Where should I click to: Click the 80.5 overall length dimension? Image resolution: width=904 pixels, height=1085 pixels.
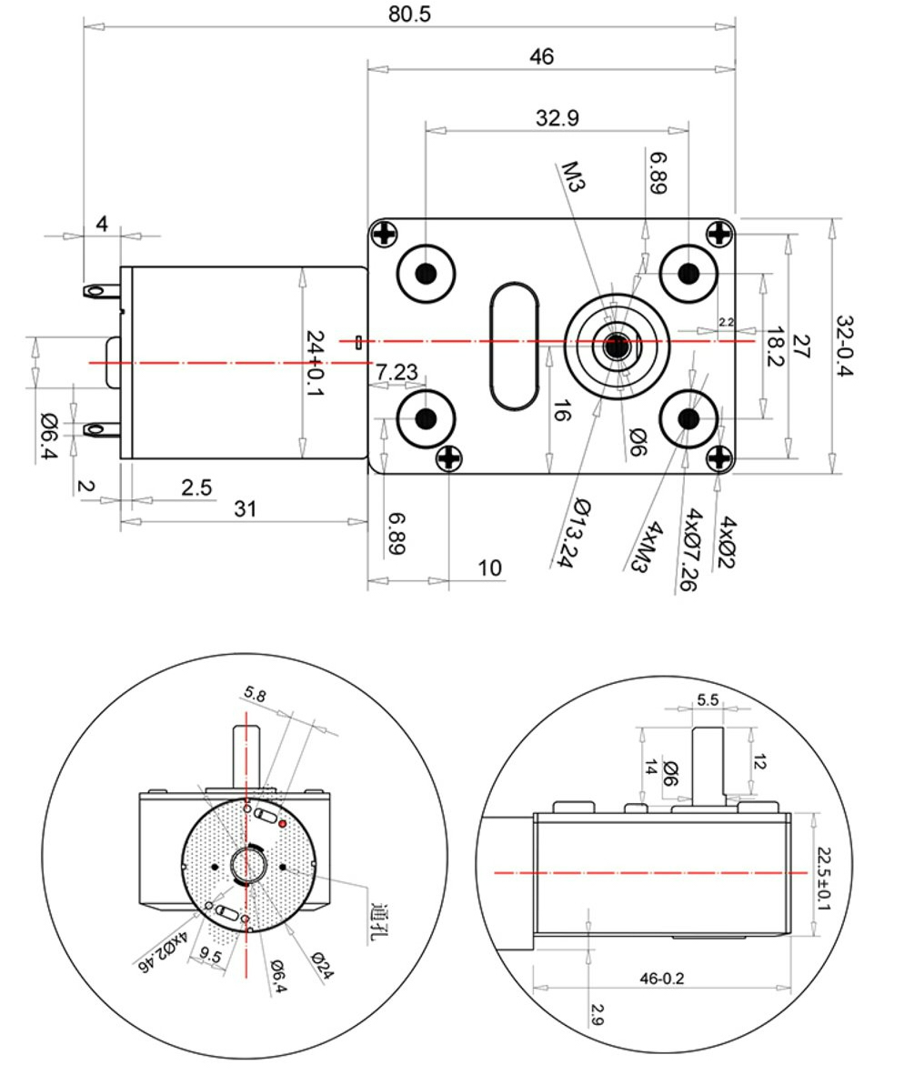click(x=408, y=15)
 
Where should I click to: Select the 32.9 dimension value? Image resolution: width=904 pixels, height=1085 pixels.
click(x=557, y=118)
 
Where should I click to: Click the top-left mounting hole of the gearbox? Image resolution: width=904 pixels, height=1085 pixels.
click(x=426, y=272)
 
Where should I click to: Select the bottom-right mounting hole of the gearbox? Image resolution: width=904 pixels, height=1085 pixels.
click(x=688, y=418)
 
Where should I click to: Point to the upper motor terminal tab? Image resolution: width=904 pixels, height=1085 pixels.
click(x=99, y=291)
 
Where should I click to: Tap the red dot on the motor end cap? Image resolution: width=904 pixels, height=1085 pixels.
click(x=283, y=824)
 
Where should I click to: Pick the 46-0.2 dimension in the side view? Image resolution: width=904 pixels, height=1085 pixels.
click(x=662, y=978)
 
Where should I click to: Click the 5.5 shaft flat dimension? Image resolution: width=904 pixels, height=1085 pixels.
click(x=707, y=700)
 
